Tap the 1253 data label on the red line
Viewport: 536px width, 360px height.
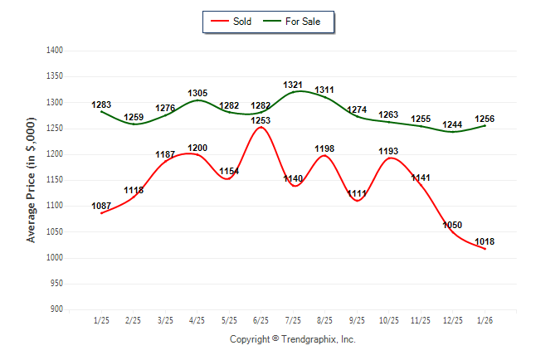point(261,120)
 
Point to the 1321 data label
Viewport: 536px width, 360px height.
point(293,85)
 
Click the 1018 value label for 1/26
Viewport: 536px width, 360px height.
point(485,241)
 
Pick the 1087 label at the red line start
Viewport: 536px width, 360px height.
point(101,206)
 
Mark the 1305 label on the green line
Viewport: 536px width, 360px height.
point(197,93)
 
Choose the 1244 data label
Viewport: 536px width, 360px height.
point(452,124)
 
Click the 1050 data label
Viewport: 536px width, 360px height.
point(452,225)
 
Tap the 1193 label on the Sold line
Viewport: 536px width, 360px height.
point(388,151)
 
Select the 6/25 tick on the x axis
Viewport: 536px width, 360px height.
point(261,319)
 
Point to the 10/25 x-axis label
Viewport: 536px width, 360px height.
point(388,319)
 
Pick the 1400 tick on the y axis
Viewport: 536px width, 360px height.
point(56,51)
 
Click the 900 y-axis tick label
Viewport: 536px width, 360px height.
point(57,309)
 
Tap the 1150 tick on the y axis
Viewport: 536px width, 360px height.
point(56,180)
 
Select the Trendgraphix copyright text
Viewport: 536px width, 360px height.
point(292,339)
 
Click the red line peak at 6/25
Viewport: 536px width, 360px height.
point(261,127)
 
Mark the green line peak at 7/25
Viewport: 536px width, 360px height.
point(296,91)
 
